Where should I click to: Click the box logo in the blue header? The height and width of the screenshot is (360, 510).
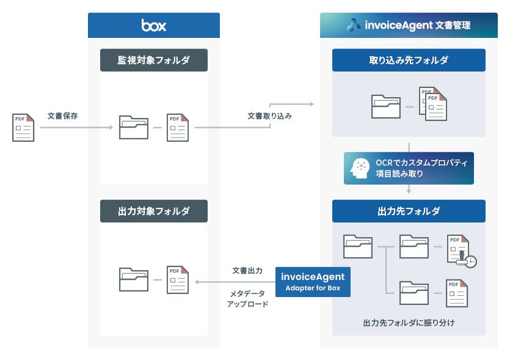coord(153,26)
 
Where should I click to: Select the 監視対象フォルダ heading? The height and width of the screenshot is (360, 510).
coord(153,60)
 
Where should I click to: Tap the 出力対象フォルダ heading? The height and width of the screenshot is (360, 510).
coord(153,211)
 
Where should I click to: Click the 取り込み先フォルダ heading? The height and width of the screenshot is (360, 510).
coord(409,60)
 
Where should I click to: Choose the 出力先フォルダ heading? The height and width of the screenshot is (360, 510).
coord(409,211)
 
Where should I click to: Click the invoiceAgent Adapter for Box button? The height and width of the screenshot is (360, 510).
coord(313,282)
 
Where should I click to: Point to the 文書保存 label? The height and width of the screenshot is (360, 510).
coord(62,116)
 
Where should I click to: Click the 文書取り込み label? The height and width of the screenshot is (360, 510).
coord(269,116)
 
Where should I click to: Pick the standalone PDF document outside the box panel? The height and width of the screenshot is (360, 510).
coord(23,127)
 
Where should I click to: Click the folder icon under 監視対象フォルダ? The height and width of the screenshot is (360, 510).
coord(133,127)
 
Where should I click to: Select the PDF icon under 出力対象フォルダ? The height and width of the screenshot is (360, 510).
coord(178,279)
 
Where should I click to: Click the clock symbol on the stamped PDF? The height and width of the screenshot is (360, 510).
coord(470,262)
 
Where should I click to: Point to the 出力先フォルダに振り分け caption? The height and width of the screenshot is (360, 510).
coord(409,321)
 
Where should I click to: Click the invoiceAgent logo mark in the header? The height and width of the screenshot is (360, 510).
coord(354,26)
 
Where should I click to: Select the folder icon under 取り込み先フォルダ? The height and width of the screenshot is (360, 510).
coord(386,106)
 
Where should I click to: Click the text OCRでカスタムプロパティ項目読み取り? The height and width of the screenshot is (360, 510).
coord(421,168)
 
